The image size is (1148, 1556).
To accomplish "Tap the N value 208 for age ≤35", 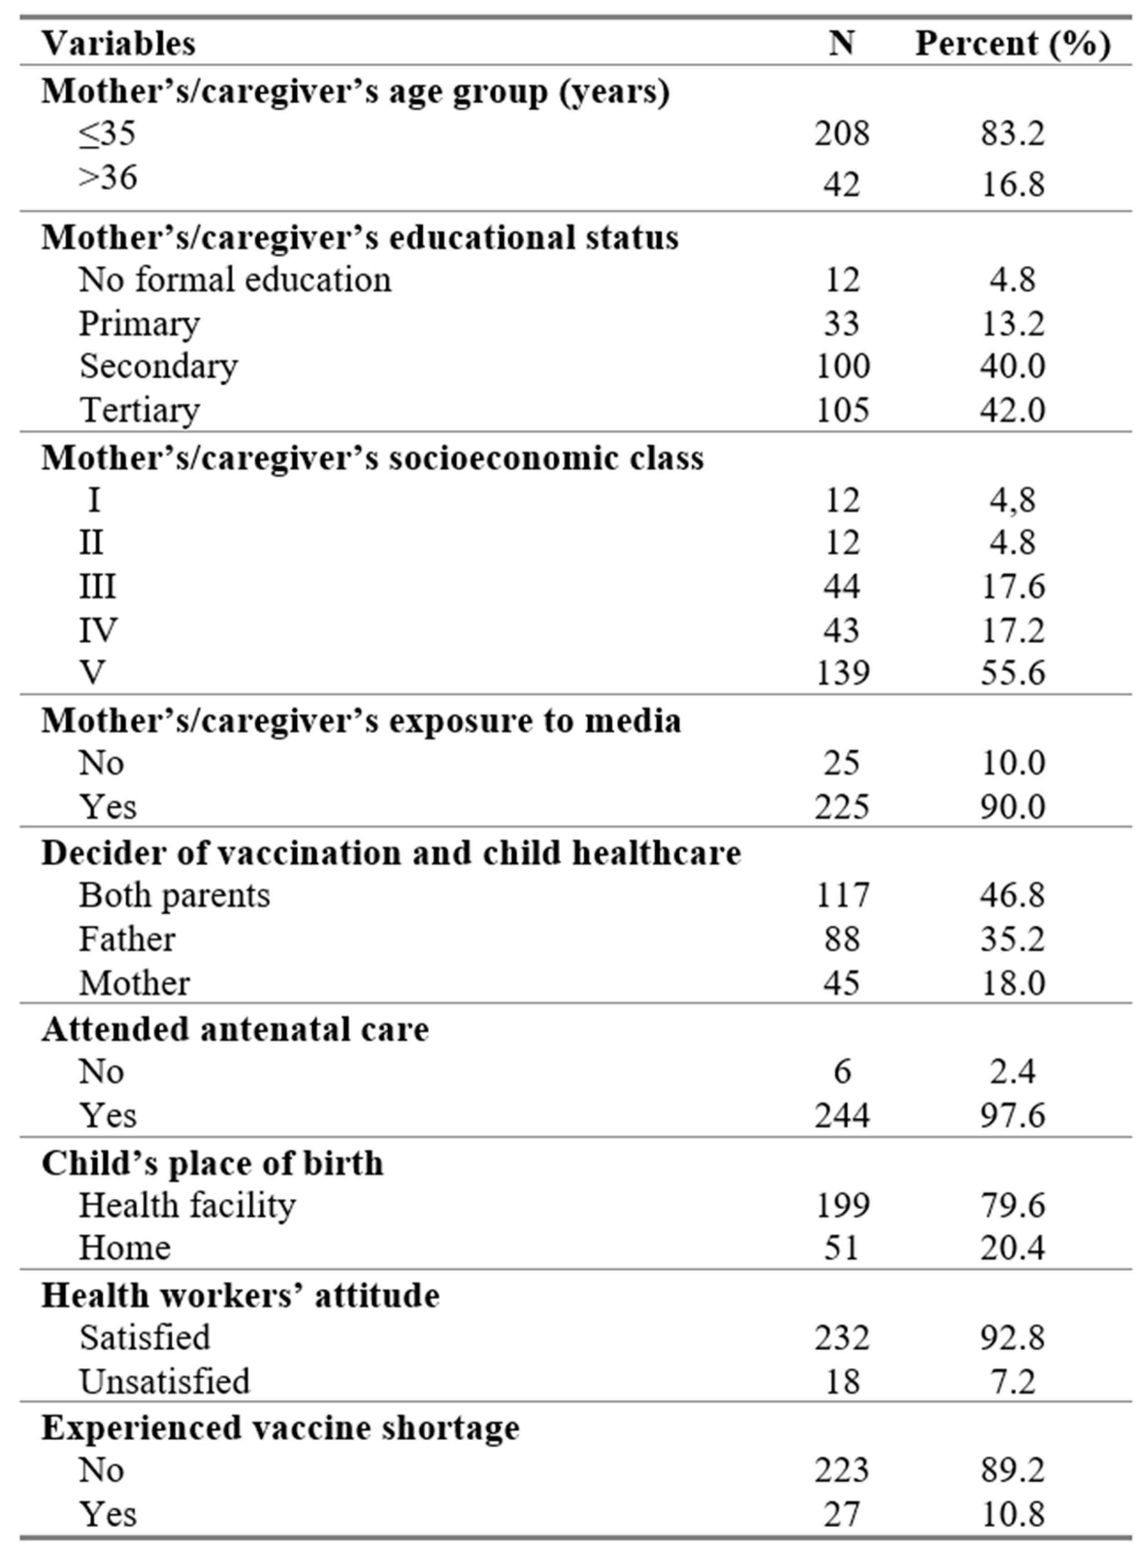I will (842, 133).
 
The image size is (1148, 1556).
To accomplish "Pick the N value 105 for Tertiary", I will (842, 409).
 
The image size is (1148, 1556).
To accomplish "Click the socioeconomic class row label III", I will (97, 586).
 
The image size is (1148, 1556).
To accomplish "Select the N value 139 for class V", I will (842, 672).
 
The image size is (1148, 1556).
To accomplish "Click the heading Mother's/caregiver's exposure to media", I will (361, 721).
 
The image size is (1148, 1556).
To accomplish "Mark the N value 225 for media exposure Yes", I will (842, 806).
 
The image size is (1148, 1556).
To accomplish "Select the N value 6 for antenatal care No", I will (842, 1072).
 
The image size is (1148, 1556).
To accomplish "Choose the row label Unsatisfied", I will (164, 1381).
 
